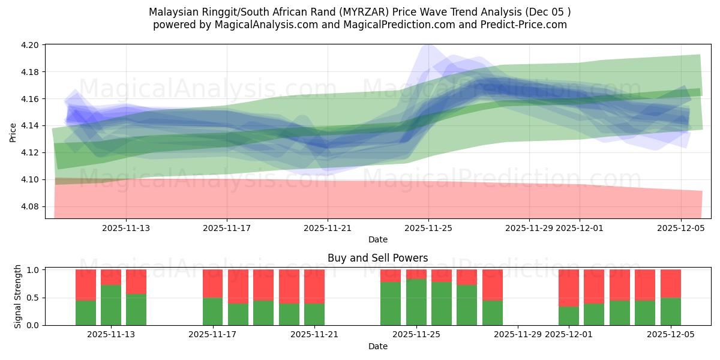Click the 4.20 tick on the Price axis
(x=31, y=45)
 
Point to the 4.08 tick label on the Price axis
(x=31, y=206)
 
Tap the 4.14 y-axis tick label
(x=31, y=125)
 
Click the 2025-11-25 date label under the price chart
(x=428, y=228)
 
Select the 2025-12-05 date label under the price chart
(x=680, y=228)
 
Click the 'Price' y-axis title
(x=13, y=131)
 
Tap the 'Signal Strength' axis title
(x=18, y=296)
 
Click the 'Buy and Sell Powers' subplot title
(x=377, y=258)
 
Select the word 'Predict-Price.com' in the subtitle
(x=528, y=25)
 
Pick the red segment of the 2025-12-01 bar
(x=568, y=288)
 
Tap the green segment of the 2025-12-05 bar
(x=670, y=311)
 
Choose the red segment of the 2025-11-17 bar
(x=212, y=283)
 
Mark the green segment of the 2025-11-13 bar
(x=111, y=305)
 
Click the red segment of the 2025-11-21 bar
(x=314, y=286)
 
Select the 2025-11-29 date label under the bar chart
(x=518, y=334)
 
